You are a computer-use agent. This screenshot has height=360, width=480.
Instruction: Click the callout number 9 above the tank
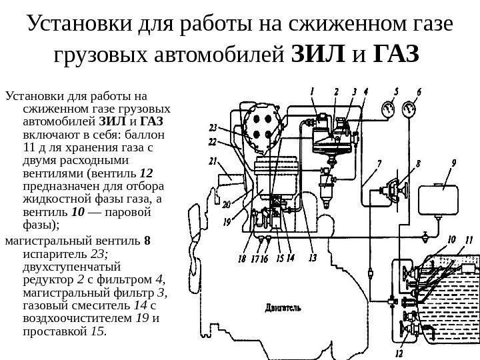pos(454,162)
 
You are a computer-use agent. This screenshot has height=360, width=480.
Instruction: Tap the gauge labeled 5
pos(388,107)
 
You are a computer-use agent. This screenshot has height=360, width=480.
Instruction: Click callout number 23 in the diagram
pos(213,127)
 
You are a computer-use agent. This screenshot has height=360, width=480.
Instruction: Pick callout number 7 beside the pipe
pos(379,163)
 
